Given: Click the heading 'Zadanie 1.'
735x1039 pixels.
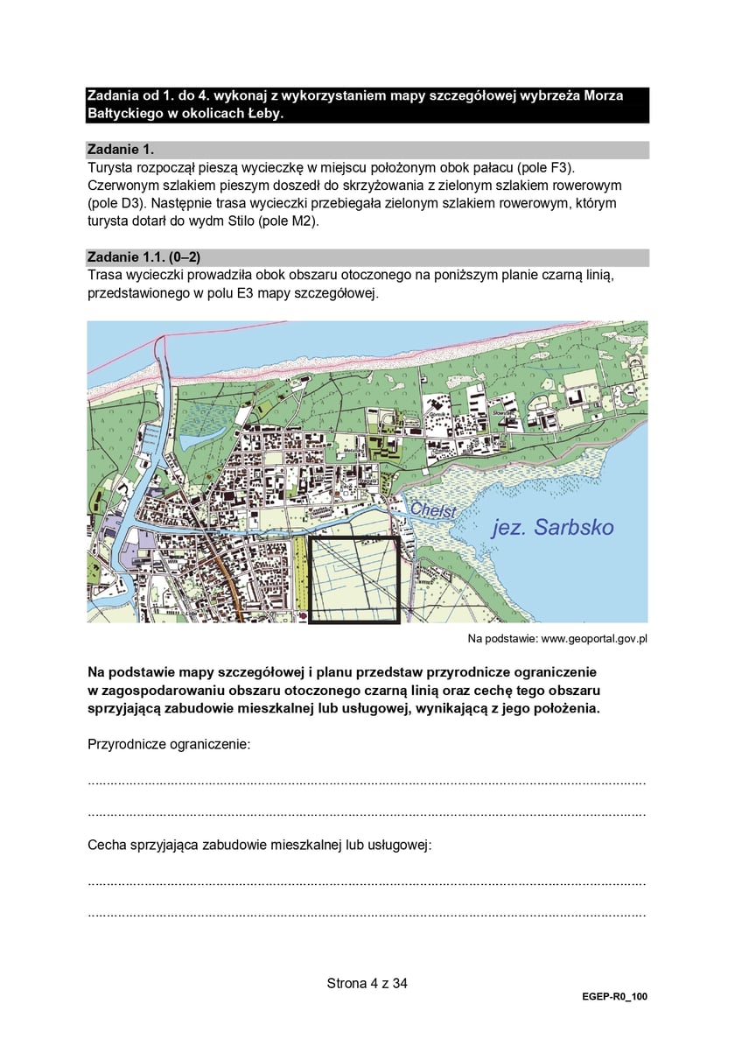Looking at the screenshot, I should point(121,150).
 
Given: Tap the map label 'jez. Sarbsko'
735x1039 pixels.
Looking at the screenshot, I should point(552,527).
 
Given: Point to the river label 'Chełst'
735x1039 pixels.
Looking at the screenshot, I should point(433,509).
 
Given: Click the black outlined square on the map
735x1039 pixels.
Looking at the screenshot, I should point(354,579).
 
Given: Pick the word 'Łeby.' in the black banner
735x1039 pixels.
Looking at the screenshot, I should point(261,114).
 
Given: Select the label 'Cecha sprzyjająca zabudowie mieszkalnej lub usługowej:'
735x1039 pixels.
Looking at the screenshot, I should point(260,846).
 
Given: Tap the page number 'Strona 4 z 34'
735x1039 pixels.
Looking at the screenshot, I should point(367,983).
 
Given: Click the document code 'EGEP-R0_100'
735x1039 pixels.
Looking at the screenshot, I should point(614,997).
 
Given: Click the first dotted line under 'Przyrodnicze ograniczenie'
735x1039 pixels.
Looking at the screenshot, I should point(367,782).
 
